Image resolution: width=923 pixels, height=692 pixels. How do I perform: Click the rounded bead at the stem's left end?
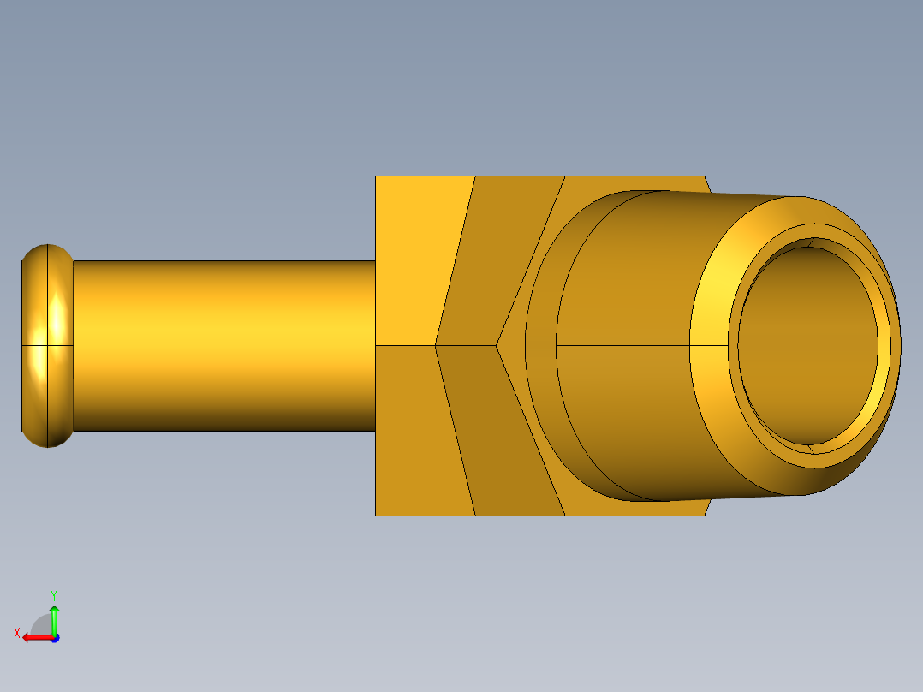(x=47, y=345)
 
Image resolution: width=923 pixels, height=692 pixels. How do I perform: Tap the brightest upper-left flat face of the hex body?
(x=420, y=257)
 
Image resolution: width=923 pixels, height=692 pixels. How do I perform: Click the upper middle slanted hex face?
(x=497, y=257)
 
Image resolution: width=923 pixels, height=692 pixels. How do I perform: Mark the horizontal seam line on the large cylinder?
(x=625, y=345)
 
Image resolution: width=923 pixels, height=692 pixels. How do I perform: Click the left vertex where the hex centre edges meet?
(x=436, y=345)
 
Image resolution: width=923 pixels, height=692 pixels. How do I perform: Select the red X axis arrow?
(x=34, y=637)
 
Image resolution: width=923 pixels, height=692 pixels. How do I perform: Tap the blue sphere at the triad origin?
(x=54, y=637)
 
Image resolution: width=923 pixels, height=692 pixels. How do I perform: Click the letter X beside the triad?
(x=16, y=633)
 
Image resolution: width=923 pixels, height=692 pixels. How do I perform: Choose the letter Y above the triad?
(x=53, y=594)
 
